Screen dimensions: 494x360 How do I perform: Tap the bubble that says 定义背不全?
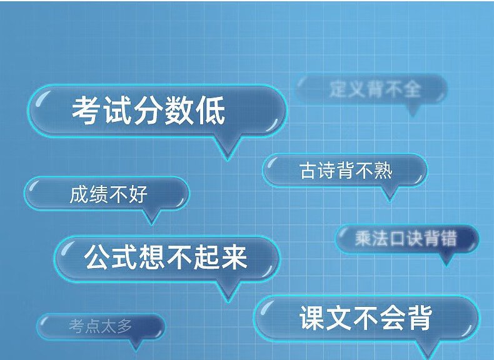372,89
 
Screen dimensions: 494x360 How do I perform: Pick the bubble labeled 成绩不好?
107,193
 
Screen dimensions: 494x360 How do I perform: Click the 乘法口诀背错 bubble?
406,239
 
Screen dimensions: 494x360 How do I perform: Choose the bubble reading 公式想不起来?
166,258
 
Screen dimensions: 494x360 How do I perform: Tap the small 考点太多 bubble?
101,326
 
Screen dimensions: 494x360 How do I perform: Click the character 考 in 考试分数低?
86,111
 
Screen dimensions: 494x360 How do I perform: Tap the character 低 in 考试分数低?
211,111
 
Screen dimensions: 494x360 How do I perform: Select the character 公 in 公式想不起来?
97,257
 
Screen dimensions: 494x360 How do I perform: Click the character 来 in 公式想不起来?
234,257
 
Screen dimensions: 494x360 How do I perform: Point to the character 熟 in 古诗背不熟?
383,171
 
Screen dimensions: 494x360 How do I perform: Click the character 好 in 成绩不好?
138,194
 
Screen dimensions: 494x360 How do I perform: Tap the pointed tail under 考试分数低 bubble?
228,148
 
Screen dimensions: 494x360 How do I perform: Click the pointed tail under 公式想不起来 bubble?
228,292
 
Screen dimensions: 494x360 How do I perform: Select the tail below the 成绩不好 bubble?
151,217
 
